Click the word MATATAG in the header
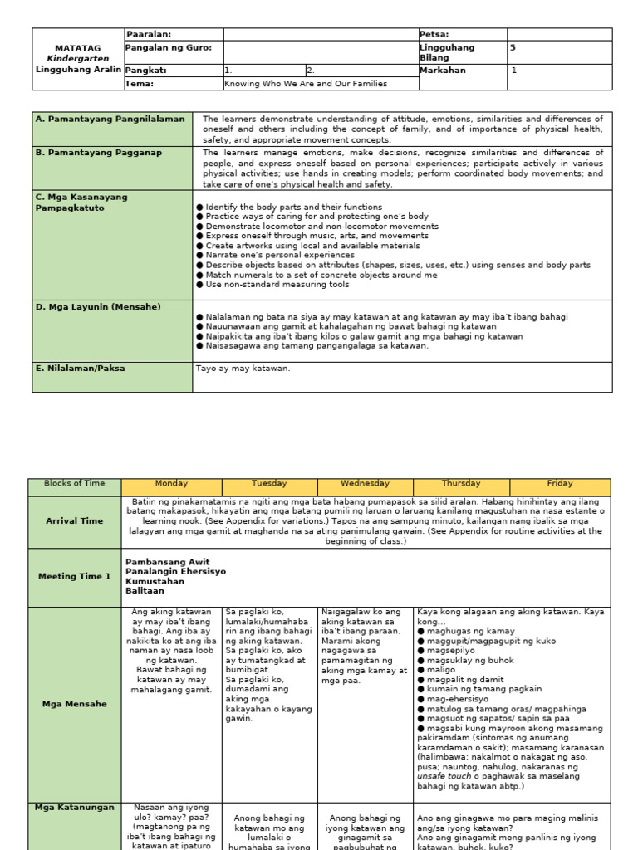[x=77, y=48]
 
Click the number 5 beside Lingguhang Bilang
[x=513, y=48]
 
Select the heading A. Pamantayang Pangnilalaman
[x=110, y=119]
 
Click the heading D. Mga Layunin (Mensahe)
[x=98, y=307]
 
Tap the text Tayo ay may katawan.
[x=243, y=368]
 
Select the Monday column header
[x=171, y=484]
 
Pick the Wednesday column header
[x=365, y=484]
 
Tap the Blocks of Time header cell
[x=75, y=484]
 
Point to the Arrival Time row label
[x=75, y=521]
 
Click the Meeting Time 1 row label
[x=75, y=576]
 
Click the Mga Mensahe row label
[x=75, y=704]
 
